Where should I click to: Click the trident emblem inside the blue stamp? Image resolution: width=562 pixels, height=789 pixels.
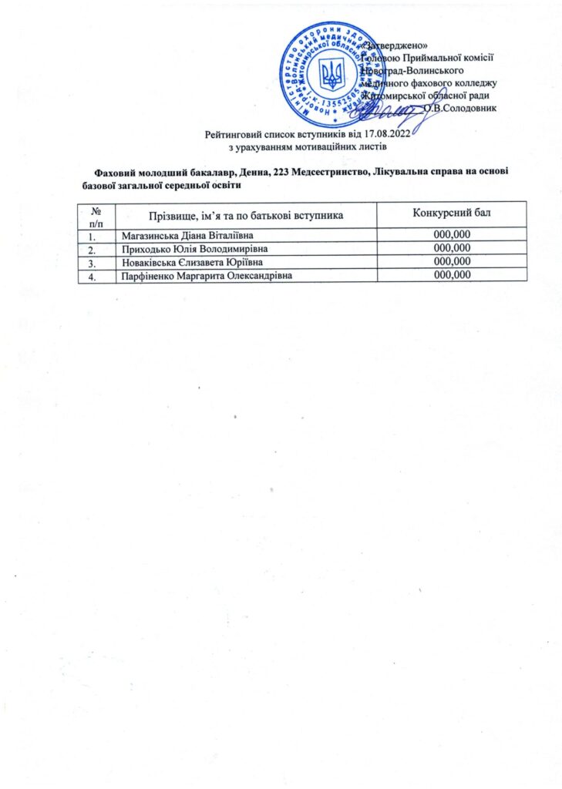pos(333,74)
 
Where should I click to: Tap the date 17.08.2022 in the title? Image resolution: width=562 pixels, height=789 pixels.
pos(385,135)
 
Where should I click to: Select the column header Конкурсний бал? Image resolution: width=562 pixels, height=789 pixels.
pos(451,213)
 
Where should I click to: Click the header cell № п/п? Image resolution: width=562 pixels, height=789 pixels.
pos(96,216)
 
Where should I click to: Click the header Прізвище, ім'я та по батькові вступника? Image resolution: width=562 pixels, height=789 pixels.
pos(245,213)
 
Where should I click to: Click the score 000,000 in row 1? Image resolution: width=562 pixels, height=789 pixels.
pos(452,235)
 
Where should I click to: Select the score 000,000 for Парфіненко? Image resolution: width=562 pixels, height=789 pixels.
pos(452,275)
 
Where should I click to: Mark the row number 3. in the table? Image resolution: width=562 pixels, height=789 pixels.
pos(93,262)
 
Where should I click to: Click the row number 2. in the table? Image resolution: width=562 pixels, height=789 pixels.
pos(93,249)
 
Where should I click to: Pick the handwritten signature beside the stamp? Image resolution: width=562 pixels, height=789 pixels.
pos(389,113)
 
